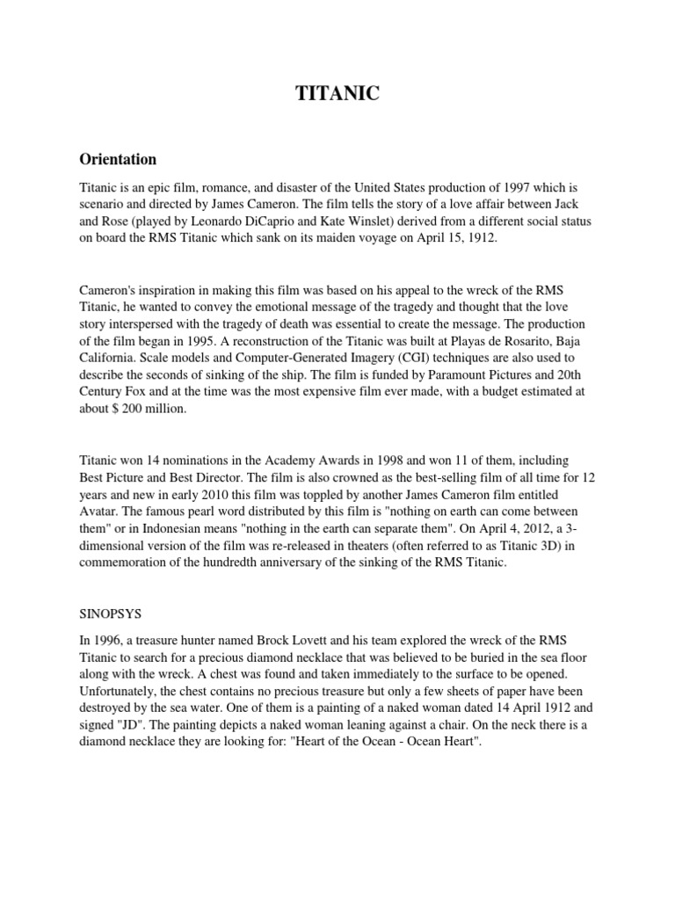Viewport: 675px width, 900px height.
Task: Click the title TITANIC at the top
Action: point(337,95)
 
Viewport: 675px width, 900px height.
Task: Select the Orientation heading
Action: point(119,159)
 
